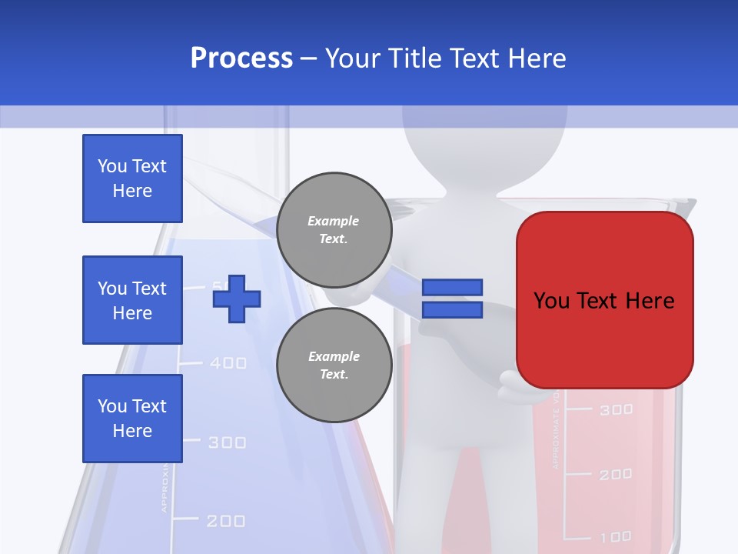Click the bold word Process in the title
[x=241, y=58]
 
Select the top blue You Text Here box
[x=132, y=179]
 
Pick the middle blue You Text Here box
[x=132, y=300]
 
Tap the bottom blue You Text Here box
[x=132, y=418]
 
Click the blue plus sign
[x=237, y=298]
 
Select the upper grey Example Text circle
[x=334, y=229]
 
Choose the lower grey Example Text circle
[x=334, y=365]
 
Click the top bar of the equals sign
[x=452, y=287]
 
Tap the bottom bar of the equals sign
[x=452, y=310]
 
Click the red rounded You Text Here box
[x=604, y=300]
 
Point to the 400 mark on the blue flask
[x=228, y=362]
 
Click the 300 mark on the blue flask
[x=227, y=442]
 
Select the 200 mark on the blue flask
[x=226, y=522]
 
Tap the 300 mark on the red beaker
[x=616, y=410]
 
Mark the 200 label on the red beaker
[x=616, y=475]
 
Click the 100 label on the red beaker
[x=616, y=536]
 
